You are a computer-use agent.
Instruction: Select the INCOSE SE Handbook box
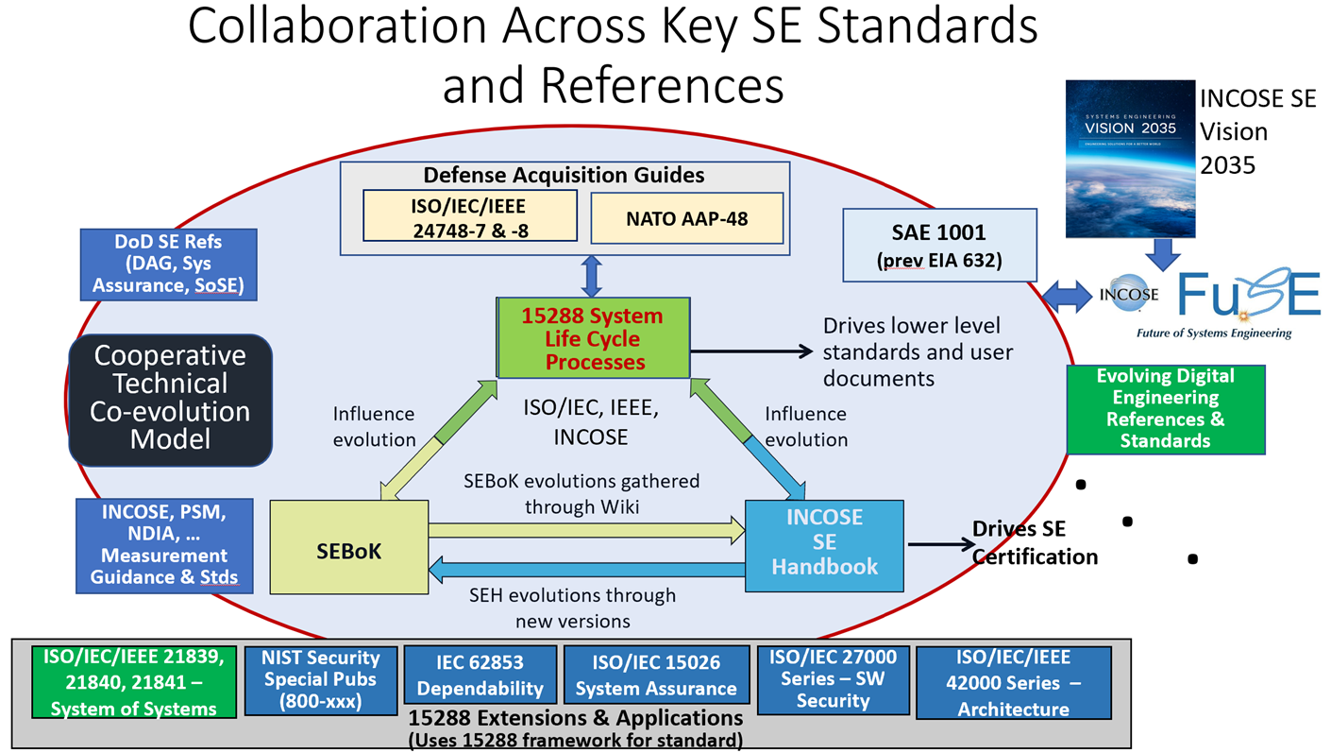(x=824, y=545)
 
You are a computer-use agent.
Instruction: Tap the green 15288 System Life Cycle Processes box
(x=593, y=338)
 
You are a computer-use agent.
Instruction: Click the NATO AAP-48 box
(x=686, y=218)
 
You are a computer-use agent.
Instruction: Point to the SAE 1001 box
(x=939, y=244)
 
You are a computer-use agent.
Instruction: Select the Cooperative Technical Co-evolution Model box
(x=171, y=398)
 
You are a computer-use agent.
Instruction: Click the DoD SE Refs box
(x=168, y=264)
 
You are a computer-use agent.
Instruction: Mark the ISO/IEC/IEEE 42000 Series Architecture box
(x=1013, y=682)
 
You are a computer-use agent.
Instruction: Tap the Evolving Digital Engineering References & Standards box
(x=1165, y=408)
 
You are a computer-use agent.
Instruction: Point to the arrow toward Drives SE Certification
(x=940, y=544)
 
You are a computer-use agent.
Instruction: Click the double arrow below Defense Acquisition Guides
(x=592, y=275)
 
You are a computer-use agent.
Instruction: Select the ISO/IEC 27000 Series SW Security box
(x=832, y=678)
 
